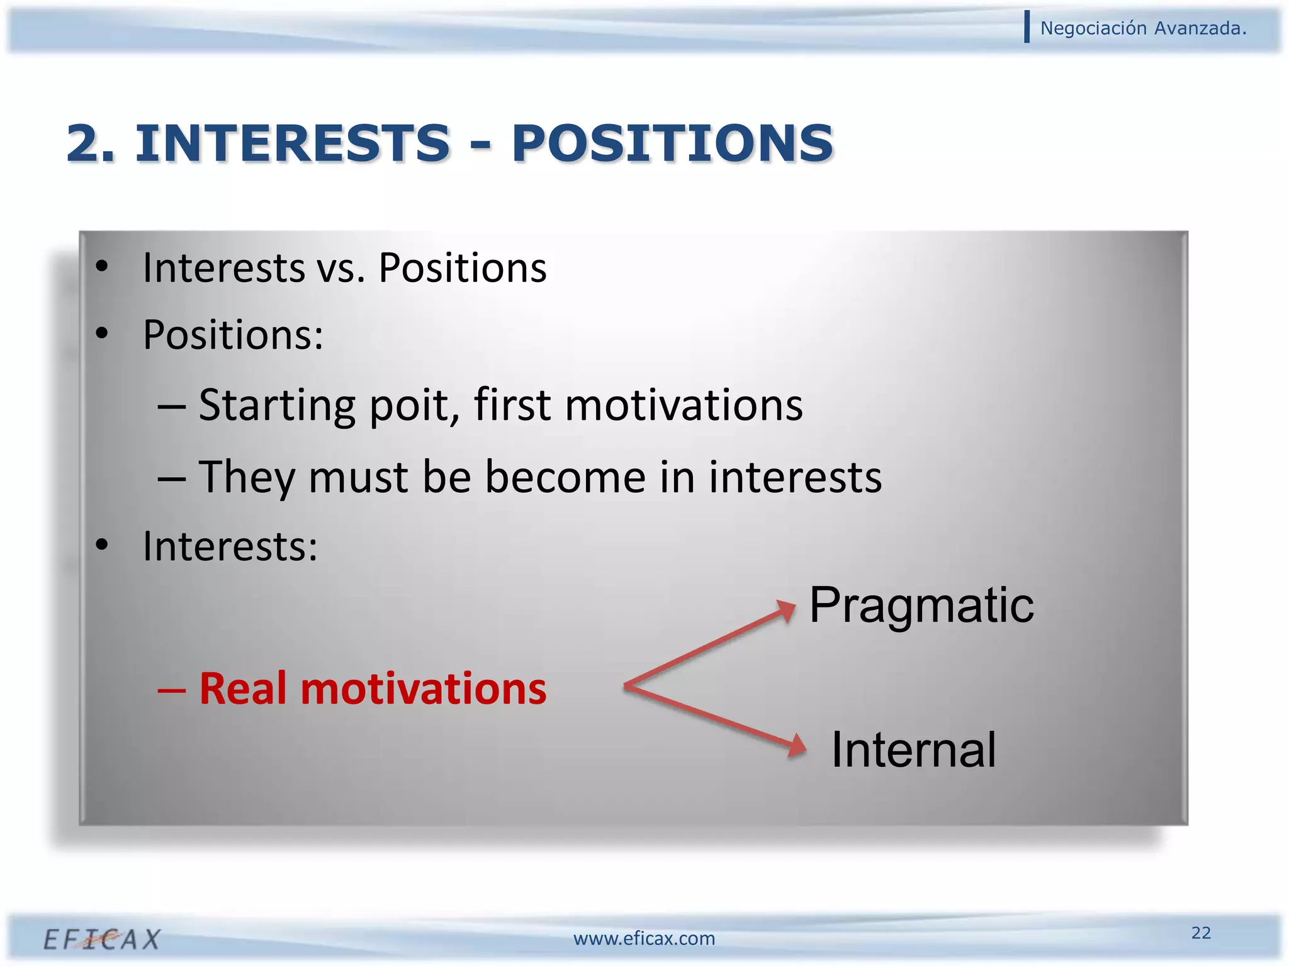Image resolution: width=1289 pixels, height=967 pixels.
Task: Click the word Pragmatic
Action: click(921, 606)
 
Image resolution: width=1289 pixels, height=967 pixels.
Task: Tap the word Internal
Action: click(913, 750)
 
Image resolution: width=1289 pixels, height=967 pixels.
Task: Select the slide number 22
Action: click(1201, 932)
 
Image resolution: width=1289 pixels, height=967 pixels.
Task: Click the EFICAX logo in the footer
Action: click(102, 939)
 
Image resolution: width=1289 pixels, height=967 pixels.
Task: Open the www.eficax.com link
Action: click(644, 939)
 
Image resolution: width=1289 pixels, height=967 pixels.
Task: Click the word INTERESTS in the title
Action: click(293, 144)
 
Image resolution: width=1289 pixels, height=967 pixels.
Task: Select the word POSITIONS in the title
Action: click(672, 144)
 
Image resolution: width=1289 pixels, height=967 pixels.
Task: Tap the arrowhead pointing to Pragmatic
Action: click(787, 609)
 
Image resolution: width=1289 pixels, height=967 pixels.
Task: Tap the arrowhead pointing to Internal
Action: click(797, 746)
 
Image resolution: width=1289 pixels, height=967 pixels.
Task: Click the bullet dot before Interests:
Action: click(101, 545)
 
